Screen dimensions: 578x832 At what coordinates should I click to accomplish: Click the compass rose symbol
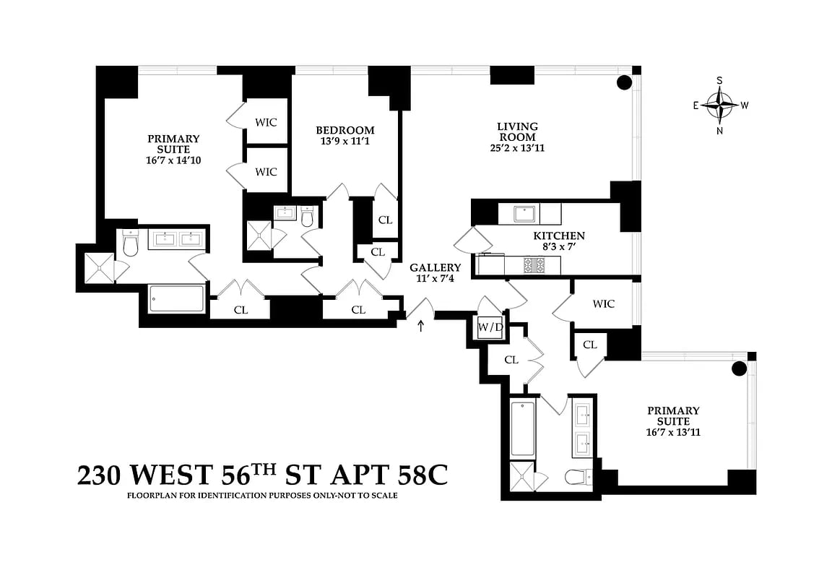click(x=719, y=105)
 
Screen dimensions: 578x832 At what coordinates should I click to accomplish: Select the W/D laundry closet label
click(x=490, y=327)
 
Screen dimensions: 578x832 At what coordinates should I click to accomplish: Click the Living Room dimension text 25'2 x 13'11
click(x=516, y=149)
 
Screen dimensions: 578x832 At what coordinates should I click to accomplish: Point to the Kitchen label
click(x=559, y=236)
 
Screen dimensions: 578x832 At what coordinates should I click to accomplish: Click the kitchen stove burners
click(x=535, y=266)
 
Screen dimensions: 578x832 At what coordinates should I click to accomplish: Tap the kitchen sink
click(x=524, y=213)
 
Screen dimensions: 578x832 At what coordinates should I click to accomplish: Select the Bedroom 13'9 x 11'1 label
click(x=345, y=136)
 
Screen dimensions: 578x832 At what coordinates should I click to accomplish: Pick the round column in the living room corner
click(x=624, y=82)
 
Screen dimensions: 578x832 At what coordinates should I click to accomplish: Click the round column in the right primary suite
click(x=739, y=369)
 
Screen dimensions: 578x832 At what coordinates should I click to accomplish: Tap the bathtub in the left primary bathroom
click(x=177, y=298)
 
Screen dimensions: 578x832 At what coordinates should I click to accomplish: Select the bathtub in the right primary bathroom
click(x=522, y=428)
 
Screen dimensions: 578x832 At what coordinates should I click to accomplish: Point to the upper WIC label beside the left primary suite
click(x=266, y=122)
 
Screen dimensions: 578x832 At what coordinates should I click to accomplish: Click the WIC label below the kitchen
click(x=603, y=304)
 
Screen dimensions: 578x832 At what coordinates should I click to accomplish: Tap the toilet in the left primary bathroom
click(x=131, y=245)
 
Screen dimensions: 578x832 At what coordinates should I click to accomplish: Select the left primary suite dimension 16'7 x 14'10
click(x=173, y=160)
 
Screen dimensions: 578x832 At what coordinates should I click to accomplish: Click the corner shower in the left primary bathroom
click(x=99, y=267)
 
